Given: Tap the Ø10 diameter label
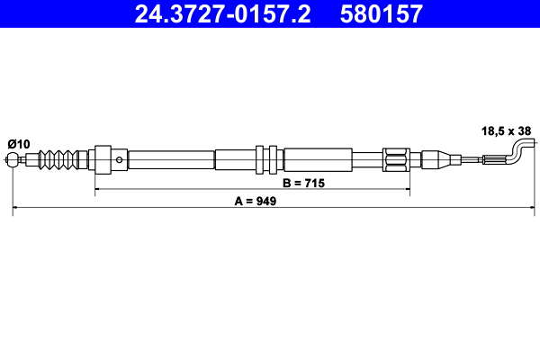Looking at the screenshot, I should (19, 144).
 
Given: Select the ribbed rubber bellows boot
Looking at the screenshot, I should (59, 160).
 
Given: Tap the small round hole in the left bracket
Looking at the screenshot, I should (120, 160).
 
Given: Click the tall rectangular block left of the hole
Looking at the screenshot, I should (103, 160).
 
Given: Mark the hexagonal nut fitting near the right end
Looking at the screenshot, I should (396, 160).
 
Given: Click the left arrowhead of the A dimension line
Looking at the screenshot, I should (16, 210).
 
